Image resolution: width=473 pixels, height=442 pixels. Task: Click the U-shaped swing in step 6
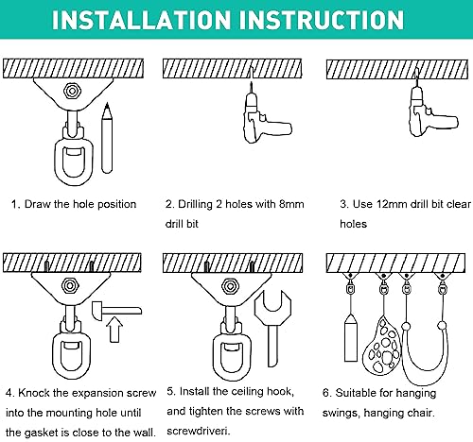pyautogui.click(x=425, y=345)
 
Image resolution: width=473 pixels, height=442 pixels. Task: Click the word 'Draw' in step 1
pyautogui.click(x=41, y=204)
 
